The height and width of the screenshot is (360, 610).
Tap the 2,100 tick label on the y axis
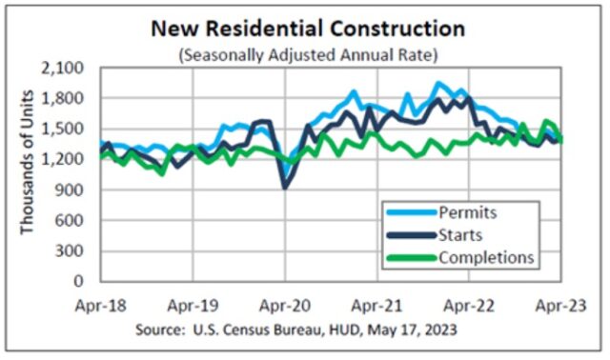tap(64, 69)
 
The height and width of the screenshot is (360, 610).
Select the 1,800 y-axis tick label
tap(64, 99)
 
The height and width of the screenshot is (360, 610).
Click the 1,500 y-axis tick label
tap(64, 130)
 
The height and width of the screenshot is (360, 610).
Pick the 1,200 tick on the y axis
tap(64, 160)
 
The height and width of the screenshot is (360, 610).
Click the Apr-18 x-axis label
tap(100, 306)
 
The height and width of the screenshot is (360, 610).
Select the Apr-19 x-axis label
tap(193, 306)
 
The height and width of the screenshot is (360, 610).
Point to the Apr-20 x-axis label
tap(286, 306)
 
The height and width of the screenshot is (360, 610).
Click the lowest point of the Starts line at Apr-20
tap(284, 188)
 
